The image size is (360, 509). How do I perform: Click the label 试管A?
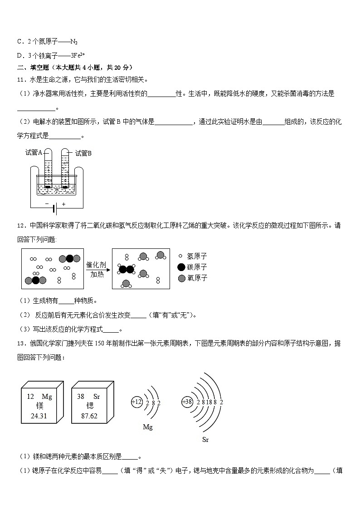coord(34,153)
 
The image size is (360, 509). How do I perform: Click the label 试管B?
coord(83,153)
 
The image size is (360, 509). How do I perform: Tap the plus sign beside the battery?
coord(63,204)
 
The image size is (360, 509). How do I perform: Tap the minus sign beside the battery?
coord(47,204)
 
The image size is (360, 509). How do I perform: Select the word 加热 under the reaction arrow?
coord(97,274)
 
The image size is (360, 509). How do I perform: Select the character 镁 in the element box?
coord(39,406)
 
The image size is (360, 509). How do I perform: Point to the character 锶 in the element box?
coord(89,406)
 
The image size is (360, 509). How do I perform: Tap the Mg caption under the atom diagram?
coord(148,427)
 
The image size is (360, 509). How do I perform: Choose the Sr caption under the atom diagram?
coord(205,439)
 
